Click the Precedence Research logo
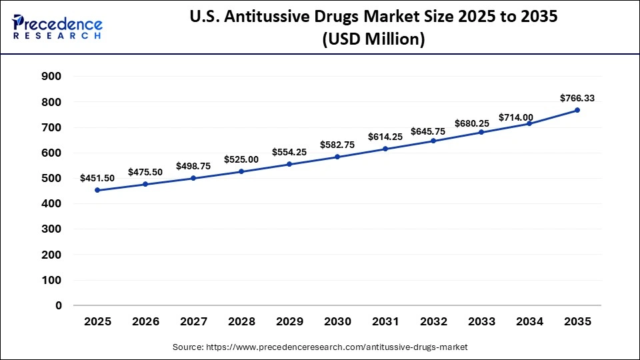(x=57, y=27)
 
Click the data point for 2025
(x=97, y=190)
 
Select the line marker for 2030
(x=337, y=157)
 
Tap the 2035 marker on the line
(x=577, y=110)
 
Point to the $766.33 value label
(x=577, y=98)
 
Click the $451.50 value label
(x=97, y=178)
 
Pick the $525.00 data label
(x=241, y=159)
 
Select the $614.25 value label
(x=385, y=137)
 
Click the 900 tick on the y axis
(x=52, y=77)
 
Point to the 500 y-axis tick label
(x=52, y=179)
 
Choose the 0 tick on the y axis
(x=59, y=306)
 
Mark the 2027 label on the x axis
(x=193, y=322)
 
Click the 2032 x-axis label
(x=433, y=322)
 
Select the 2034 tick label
(x=529, y=322)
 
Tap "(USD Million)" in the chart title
(x=373, y=40)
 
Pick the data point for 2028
(x=241, y=171)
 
